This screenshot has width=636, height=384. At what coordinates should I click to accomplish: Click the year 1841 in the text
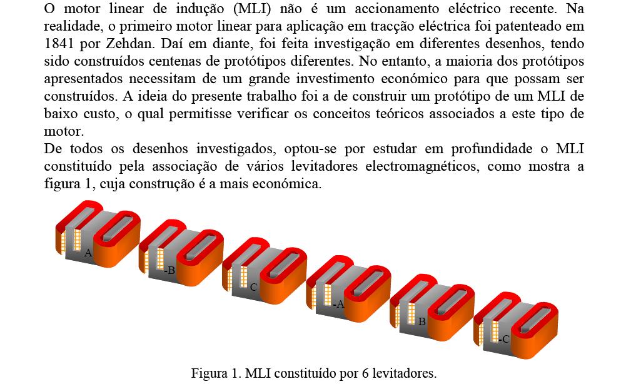59,43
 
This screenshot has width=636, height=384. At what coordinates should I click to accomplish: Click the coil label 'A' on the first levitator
88,253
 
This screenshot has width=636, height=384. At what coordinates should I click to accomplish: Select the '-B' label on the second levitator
169,270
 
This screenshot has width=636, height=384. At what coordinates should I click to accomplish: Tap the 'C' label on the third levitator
253,288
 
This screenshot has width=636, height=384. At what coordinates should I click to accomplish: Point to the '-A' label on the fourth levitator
338,304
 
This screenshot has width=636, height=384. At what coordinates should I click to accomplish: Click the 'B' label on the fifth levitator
422,321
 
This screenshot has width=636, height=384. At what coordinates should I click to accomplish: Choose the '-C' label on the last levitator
504,339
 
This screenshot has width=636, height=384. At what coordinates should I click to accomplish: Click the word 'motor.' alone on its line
64,131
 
